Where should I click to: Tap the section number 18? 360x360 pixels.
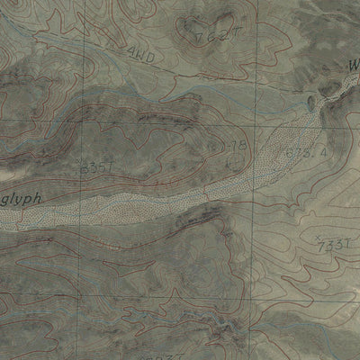tap(236, 146)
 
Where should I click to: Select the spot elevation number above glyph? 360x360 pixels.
tap(94, 166)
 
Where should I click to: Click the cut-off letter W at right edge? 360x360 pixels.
tap(353, 65)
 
